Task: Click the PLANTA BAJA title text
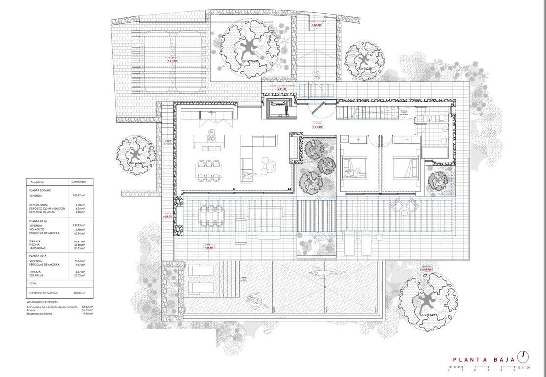pos(483,359)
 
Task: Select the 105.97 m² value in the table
pos(78,195)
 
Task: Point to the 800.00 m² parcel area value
pos(79,292)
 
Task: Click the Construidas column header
pos(78,181)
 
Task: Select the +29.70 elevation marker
pos(167,216)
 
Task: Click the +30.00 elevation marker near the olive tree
pos(426,269)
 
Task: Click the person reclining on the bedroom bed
pos(356,172)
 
